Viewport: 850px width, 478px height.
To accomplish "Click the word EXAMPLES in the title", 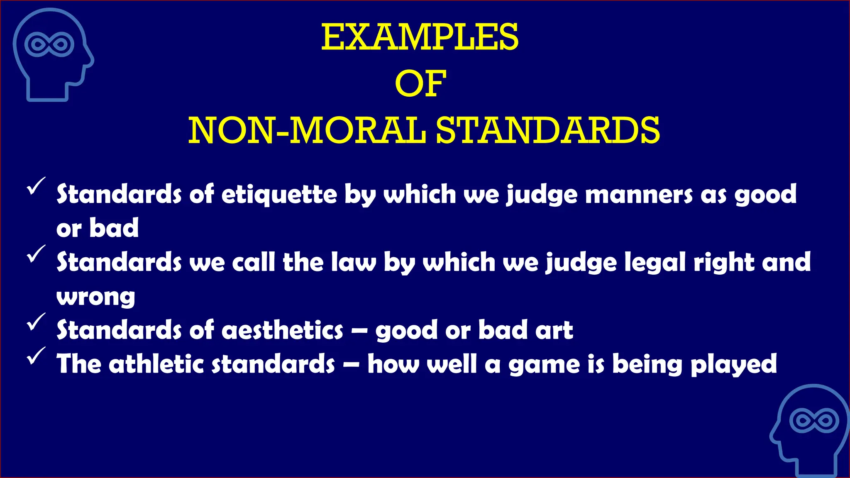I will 420,37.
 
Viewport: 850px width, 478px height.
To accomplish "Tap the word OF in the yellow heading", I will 420,84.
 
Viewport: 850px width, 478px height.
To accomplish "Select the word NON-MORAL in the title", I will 307,131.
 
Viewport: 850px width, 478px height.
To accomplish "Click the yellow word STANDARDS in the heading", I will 548,131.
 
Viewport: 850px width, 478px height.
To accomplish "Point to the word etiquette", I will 279,194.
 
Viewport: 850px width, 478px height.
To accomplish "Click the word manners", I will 639,194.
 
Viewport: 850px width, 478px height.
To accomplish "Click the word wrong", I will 96,297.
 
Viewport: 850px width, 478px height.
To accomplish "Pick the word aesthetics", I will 283,330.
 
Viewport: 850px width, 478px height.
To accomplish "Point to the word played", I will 733,365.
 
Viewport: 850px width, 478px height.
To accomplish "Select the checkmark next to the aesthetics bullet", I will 36,321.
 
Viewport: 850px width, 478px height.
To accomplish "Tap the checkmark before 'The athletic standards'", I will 36,355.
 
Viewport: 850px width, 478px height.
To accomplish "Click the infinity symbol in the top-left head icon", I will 49,44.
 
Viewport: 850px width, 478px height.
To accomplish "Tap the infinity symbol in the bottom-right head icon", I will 814,421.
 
